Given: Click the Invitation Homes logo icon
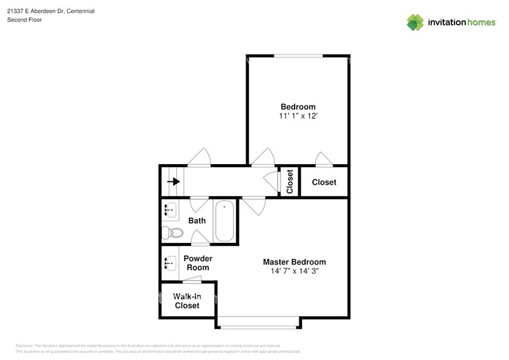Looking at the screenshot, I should click(x=416, y=22).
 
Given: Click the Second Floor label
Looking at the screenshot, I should click(x=25, y=20).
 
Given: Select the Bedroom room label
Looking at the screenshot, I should click(x=298, y=107).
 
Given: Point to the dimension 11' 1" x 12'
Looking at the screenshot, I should click(x=298, y=116).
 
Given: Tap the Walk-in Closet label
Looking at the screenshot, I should click(x=187, y=301).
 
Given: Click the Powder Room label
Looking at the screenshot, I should click(x=197, y=263).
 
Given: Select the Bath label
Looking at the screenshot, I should click(x=197, y=220).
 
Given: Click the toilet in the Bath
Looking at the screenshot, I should click(x=172, y=233).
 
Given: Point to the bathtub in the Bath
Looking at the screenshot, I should click(x=224, y=220).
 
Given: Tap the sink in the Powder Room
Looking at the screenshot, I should click(x=169, y=263).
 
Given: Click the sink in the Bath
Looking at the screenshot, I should click(x=169, y=210).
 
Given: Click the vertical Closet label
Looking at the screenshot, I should click(x=290, y=181).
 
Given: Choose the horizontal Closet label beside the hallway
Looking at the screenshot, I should click(x=324, y=182).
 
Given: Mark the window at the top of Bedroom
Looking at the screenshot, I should click(x=298, y=56).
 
